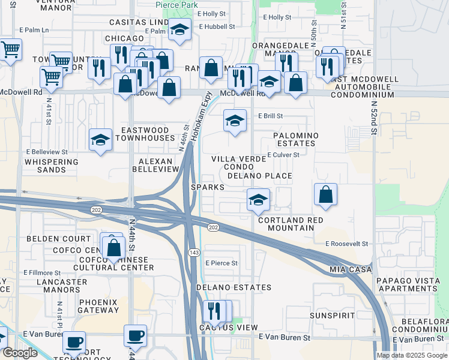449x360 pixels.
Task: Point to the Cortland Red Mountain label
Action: pos(291,224)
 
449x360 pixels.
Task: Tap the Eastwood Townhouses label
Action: pos(148,134)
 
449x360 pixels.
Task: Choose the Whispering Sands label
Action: pos(51,166)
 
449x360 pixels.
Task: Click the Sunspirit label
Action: pos(333,315)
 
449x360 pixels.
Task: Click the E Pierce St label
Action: pos(221,263)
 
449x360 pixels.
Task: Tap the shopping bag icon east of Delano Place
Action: pos(325,194)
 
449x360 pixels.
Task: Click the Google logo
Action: pos(20,353)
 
